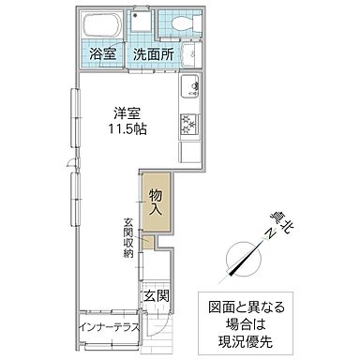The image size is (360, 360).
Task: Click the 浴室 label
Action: [102, 53]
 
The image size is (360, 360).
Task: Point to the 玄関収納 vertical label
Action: [127, 238]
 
